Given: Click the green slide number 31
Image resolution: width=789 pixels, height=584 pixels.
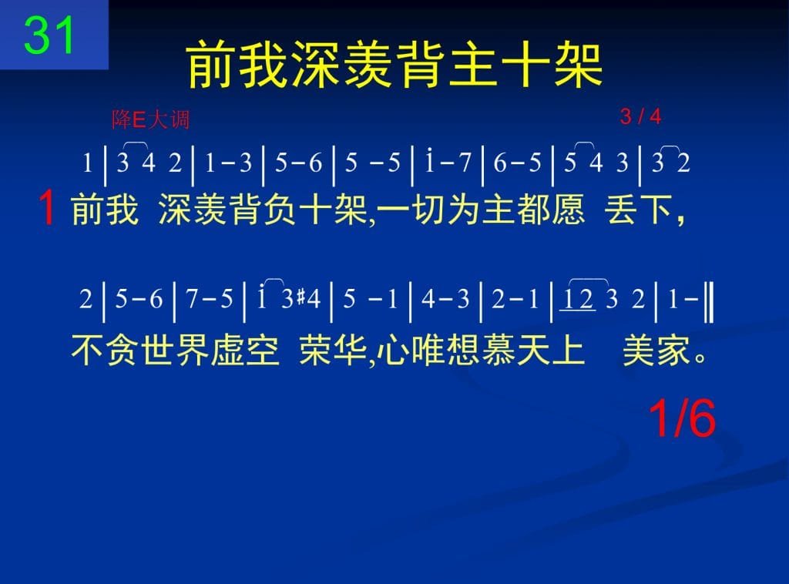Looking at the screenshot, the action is point(49,35).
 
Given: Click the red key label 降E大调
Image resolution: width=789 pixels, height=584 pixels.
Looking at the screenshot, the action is point(150,119).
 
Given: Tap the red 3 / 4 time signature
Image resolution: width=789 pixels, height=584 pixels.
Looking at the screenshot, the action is point(640,116).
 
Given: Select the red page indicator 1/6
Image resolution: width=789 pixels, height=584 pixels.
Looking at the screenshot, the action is point(682,418).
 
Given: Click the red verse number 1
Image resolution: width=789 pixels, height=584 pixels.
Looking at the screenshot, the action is point(47,208).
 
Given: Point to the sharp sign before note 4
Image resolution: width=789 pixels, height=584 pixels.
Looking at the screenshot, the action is point(301,297).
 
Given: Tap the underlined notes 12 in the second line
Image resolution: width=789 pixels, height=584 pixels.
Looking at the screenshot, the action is point(578,299).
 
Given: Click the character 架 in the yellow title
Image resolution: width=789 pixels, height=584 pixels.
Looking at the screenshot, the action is point(579,65).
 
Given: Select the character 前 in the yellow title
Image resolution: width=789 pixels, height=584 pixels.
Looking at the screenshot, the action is point(212,65).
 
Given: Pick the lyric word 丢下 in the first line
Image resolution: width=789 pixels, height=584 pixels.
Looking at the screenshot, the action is point(640,210).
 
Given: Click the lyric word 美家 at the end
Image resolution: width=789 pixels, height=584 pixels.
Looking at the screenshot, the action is point(656,350).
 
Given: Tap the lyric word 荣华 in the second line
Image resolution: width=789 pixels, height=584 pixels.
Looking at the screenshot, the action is point(333,350).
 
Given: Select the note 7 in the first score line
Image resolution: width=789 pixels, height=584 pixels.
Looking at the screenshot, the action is point(464,163).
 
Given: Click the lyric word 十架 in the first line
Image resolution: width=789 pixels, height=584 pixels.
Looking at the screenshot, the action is point(333,210).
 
